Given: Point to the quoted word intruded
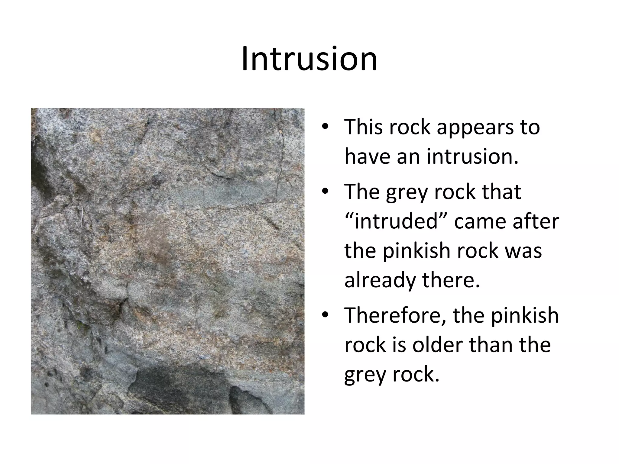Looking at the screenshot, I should [x=396, y=221].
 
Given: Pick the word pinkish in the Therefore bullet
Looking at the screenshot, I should [x=524, y=315].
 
